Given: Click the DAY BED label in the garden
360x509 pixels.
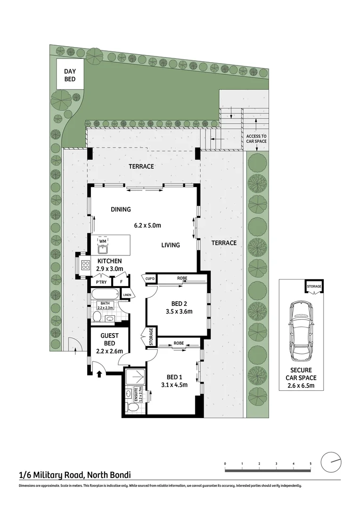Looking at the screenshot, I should (70, 75).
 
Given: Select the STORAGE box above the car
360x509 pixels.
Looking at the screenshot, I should (314, 286).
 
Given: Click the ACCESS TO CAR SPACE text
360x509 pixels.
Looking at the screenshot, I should (256, 139).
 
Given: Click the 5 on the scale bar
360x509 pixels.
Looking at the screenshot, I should (311, 464).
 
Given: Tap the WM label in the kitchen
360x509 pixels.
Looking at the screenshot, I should (103, 241).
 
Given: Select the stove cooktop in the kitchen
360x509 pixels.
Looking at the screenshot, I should (85, 265).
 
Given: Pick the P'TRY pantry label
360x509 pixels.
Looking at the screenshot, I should (101, 282).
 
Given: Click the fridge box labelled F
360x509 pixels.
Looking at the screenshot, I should (122, 282).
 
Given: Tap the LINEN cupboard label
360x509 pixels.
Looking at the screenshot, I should (127, 296).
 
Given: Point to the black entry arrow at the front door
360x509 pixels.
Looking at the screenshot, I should (99, 375).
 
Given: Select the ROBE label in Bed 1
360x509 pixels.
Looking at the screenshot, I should (179, 343).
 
